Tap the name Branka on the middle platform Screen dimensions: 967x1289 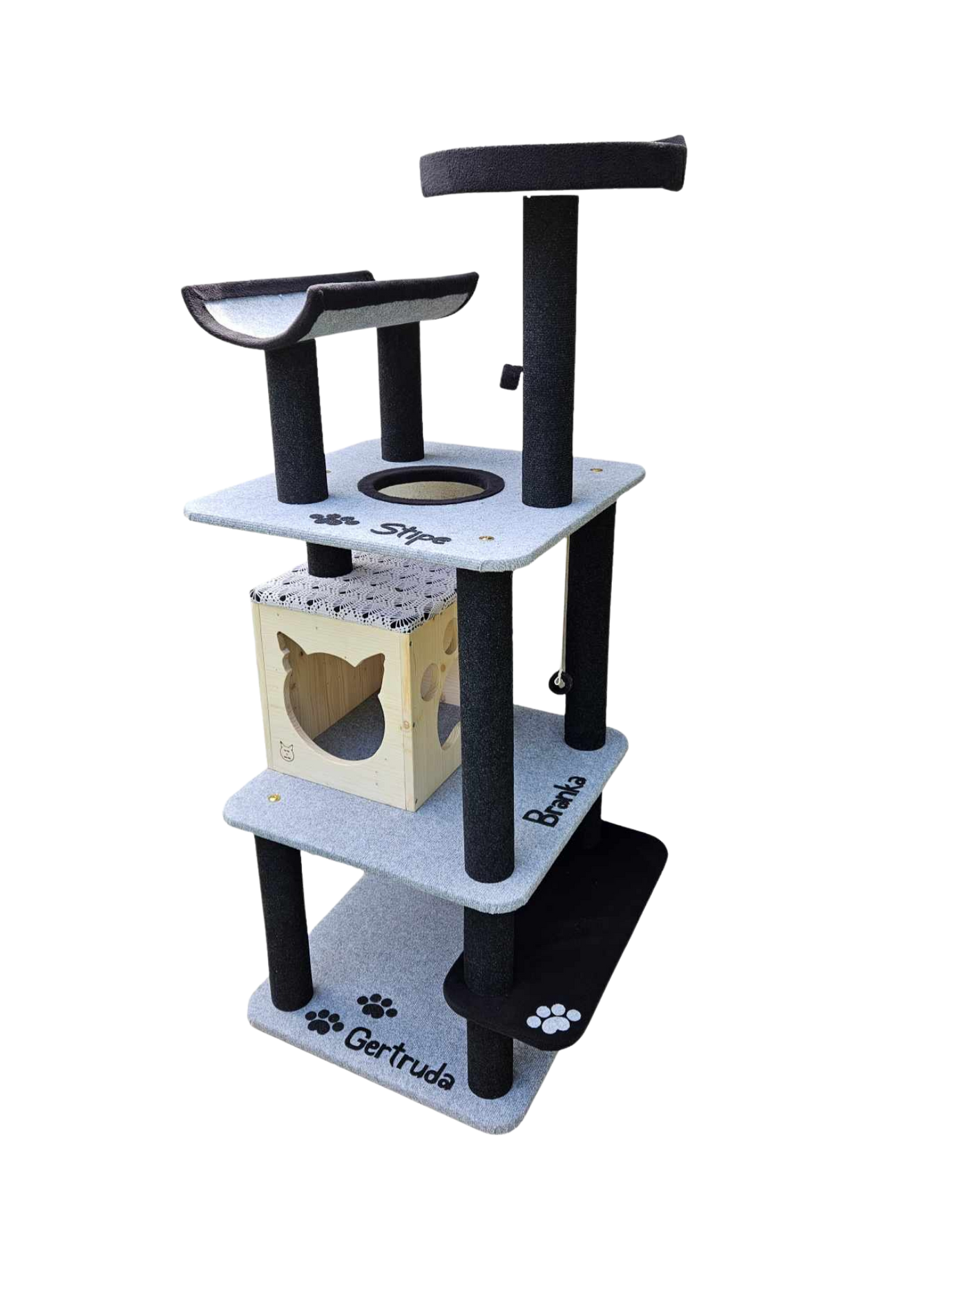coord(555,800)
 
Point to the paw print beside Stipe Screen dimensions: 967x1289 coord(334,518)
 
